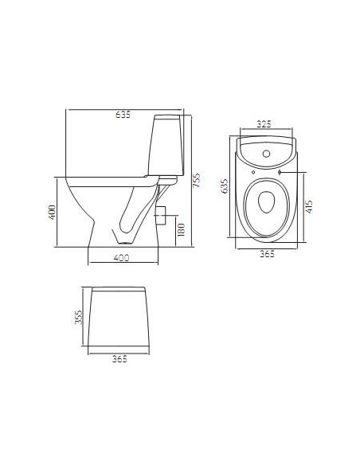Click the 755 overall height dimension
(196, 182)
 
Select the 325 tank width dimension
(266, 124)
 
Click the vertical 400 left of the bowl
(50, 213)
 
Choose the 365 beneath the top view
(267, 253)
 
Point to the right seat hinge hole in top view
(281, 170)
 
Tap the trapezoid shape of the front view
(119, 318)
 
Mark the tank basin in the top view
(267, 151)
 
